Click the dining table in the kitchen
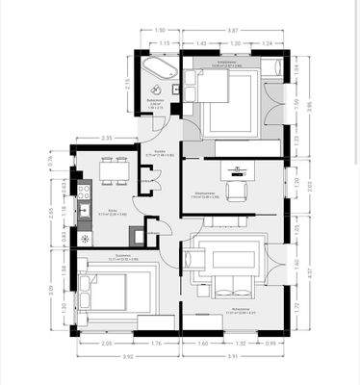tap(115, 171)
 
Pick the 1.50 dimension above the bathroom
tap(160, 31)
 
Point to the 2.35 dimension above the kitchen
tap(108, 138)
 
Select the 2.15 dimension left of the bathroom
tap(127, 85)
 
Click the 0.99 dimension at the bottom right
tap(272, 342)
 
